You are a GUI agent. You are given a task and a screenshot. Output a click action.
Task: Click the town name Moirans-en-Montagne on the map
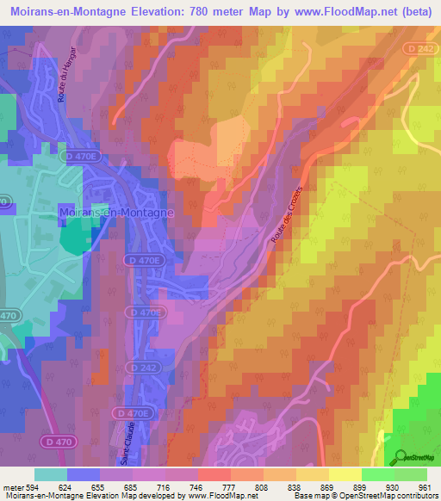tap(116, 211)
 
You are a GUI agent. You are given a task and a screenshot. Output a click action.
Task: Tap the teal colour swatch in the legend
tap(51, 473)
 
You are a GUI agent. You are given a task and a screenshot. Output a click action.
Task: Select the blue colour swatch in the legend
tap(84, 473)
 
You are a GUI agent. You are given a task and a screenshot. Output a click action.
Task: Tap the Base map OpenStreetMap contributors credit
tap(364, 496)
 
